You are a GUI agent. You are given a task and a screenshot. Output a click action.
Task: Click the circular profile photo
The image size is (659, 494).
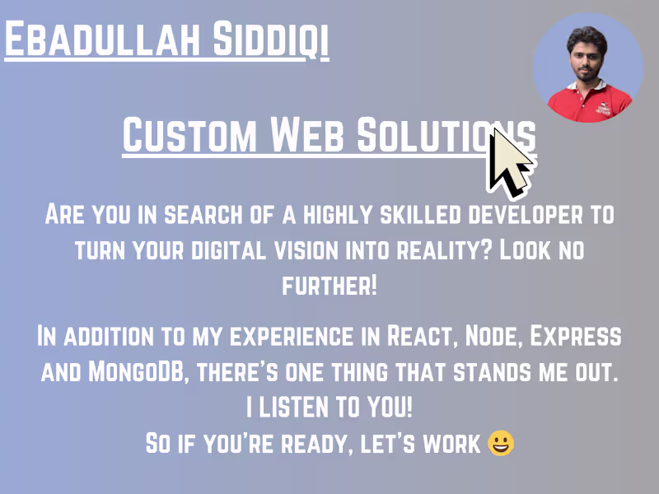point(588,68)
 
